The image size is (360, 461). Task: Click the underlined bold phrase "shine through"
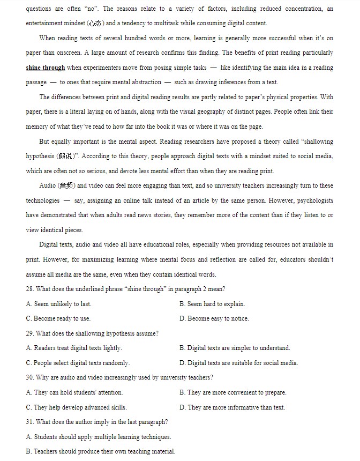click(46, 68)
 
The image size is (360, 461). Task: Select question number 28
click(30, 289)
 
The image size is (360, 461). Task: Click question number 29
click(30, 333)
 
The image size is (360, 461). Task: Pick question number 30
click(30, 377)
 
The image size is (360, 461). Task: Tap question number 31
click(30, 422)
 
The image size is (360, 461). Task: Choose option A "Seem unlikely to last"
click(59, 304)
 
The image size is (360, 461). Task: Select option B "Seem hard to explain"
click(212, 304)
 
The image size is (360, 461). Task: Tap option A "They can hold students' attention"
click(74, 392)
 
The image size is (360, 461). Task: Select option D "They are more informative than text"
click(232, 407)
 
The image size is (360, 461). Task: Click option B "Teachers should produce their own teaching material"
click(100, 451)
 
